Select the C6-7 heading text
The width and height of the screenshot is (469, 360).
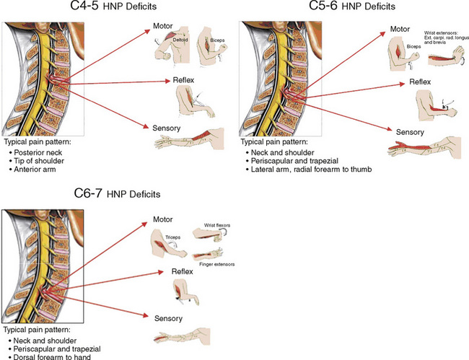tap(97, 194)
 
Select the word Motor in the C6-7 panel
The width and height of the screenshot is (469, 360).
tap(166, 219)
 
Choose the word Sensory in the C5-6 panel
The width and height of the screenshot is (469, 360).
tap(410, 131)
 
